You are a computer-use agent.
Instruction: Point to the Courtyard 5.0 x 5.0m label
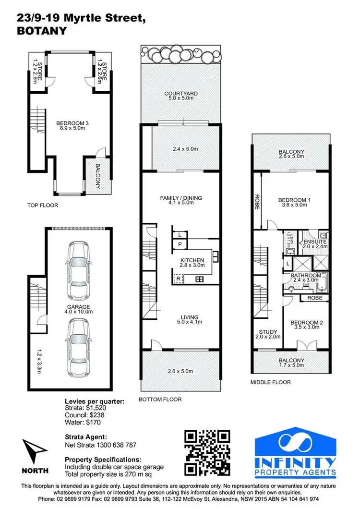point(180,96)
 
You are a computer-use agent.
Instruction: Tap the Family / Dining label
point(180,200)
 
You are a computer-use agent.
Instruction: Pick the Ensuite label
point(314,244)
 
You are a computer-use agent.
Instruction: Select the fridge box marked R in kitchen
point(178,278)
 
